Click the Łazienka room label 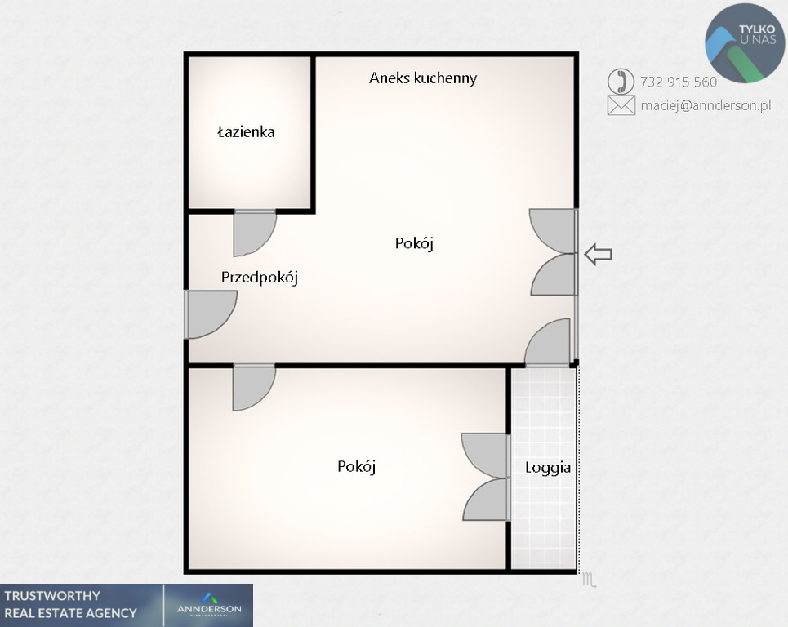(x=246, y=131)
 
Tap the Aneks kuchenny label (x=423, y=78)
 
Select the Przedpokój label (x=260, y=277)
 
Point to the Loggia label (x=548, y=468)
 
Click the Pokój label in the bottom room (x=356, y=466)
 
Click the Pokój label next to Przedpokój (x=414, y=243)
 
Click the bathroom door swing (x=255, y=233)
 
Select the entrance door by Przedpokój (x=211, y=314)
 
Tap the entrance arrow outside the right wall (x=598, y=254)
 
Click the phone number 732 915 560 (x=679, y=82)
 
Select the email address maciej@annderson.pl (x=706, y=105)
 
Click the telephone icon (x=621, y=82)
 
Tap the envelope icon (x=621, y=105)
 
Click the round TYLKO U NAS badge (x=745, y=42)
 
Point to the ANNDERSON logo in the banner (x=209, y=605)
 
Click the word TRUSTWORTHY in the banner (x=52, y=596)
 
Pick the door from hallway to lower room (x=254, y=387)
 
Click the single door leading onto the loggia (x=548, y=341)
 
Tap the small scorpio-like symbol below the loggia (x=589, y=580)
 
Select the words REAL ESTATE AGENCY (x=70, y=613)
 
